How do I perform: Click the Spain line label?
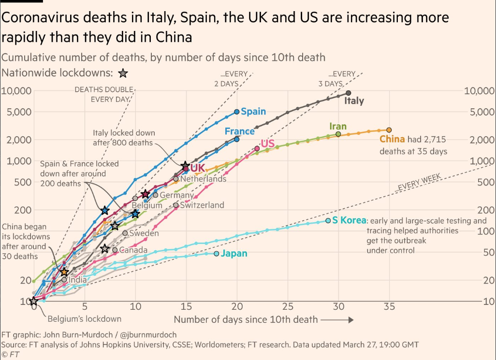pyautogui.click(x=253, y=112)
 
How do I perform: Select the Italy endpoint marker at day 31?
pyautogui.click(x=349, y=93)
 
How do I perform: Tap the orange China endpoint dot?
pyautogui.click(x=389, y=130)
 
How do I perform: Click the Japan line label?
pyautogui.click(x=234, y=254)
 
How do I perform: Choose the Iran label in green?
pyautogui.click(x=338, y=126)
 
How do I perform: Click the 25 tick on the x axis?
pyautogui.click(x=288, y=306)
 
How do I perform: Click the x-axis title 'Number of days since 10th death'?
pyautogui.click(x=246, y=319)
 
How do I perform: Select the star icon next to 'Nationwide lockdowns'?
pyautogui.click(x=123, y=73)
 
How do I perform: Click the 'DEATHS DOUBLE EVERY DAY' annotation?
pyautogui.click(x=104, y=94)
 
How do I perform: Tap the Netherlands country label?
pyautogui.click(x=203, y=179)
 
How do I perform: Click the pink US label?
pyautogui.click(x=267, y=144)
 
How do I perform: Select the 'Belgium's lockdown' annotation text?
pyautogui.click(x=84, y=318)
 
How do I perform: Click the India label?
pyautogui.click(x=77, y=279)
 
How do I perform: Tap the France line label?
pyautogui.click(x=239, y=131)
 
